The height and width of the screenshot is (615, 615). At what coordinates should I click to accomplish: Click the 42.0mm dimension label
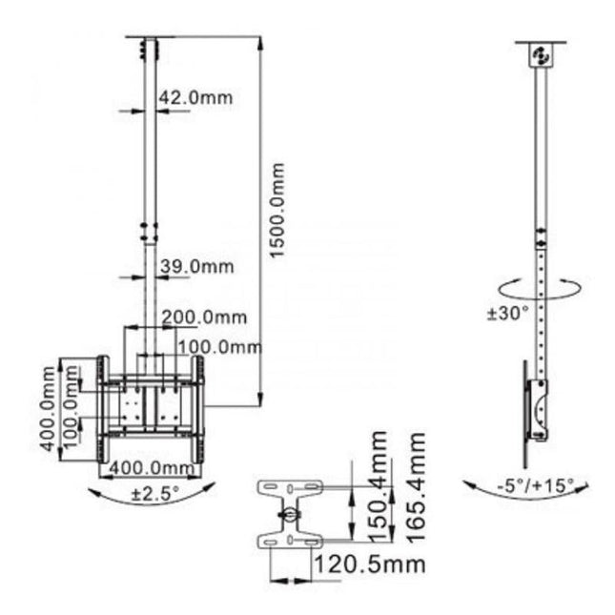pyautogui.click(x=195, y=97)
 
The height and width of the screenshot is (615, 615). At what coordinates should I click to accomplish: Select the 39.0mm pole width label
pyautogui.click(x=195, y=268)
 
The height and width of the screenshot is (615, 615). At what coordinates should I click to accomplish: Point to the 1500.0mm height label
pyautogui.click(x=277, y=209)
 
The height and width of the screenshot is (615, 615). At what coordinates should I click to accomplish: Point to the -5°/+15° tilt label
pyautogui.click(x=535, y=485)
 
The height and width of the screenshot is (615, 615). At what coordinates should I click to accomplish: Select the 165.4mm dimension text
pyautogui.click(x=416, y=486)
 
